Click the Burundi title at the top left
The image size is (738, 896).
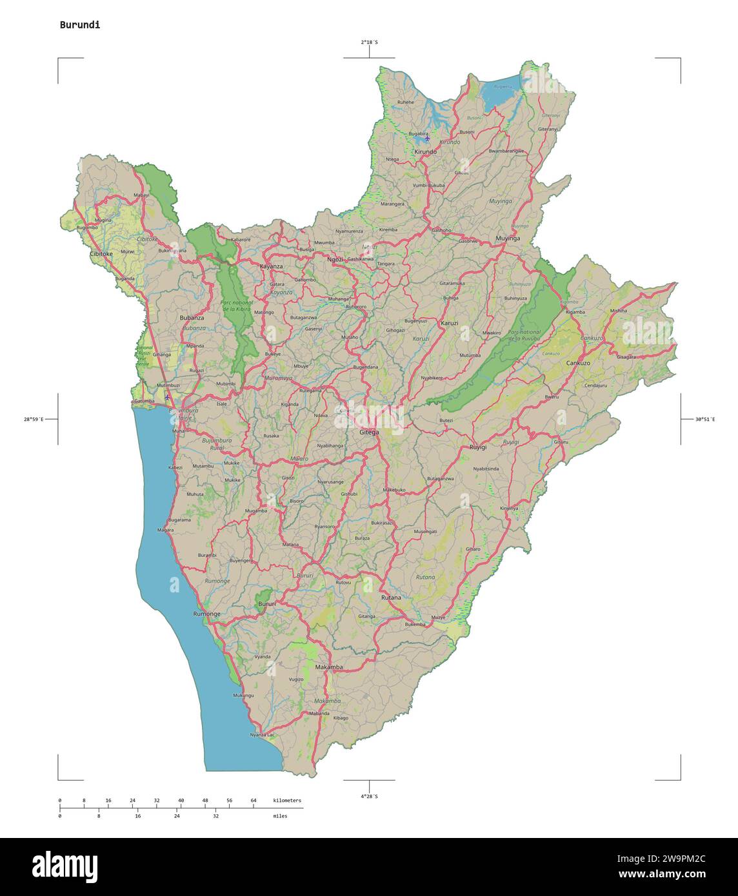click(79, 25)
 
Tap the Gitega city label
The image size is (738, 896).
click(369, 432)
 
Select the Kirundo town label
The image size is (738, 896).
click(426, 151)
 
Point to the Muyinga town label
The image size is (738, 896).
click(507, 239)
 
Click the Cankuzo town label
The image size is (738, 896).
click(578, 363)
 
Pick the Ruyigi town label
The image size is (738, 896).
click(478, 447)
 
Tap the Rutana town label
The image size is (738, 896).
click(391, 598)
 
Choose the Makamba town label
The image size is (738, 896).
click(329, 667)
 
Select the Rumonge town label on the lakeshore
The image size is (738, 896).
click(206, 614)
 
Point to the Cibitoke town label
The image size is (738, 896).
click(101, 253)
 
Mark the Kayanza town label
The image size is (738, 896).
click(271, 266)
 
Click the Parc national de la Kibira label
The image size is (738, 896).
click(236, 306)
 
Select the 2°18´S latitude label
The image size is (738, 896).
click(369, 42)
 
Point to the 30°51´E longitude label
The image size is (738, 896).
click(704, 420)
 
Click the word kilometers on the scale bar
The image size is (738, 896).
click(287, 801)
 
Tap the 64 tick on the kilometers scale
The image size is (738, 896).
click(254, 801)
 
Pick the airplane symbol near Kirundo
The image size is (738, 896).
click(427, 138)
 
